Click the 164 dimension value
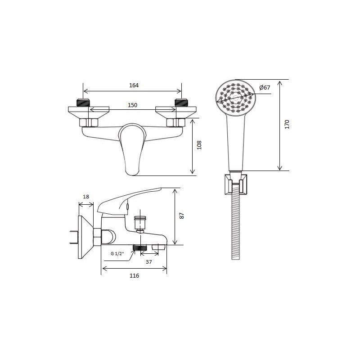(x=134, y=85)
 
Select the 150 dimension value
(x=132, y=105)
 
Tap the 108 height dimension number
(x=199, y=145)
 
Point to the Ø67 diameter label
(x=265, y=87)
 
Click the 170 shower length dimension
(x=287, y=124)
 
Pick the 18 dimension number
(x=86, y=197)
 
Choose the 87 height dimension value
(x=182, y=216)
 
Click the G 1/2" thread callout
(x=117, y=253)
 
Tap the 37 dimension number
(x=149, y=262)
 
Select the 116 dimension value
(x=134, y=275)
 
